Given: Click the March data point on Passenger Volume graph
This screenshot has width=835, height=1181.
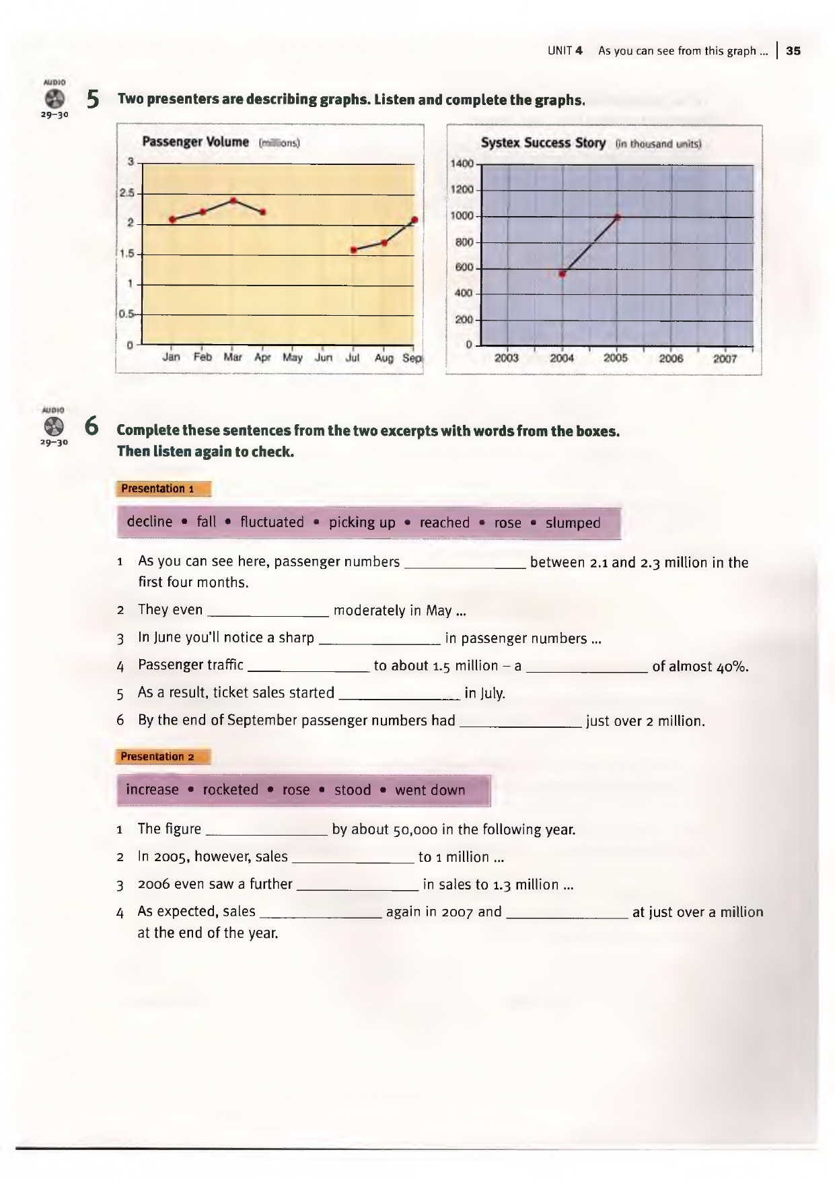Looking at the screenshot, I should coord(233,201).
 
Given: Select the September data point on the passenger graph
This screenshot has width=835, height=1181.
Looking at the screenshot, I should coord(414,220).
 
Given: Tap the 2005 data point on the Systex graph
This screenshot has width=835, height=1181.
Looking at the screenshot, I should coord(617,217).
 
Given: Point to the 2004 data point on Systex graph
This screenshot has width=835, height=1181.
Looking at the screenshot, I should coord(562,274).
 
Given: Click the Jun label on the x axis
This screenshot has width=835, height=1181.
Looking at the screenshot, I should coord(324,358).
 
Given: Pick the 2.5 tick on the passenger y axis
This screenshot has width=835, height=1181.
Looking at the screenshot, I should coord(127,193).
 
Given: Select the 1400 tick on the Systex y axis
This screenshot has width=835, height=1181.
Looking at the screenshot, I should coord(463,164).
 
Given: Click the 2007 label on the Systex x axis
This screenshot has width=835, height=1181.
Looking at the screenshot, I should coord(725,359).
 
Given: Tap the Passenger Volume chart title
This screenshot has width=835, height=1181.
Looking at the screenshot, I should coord(196,142).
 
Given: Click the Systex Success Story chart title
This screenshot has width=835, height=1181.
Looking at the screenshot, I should coord(543,143).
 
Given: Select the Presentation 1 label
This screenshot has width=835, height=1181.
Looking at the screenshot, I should coord(157,489).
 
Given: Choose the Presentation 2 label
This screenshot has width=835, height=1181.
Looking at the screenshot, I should coord(157,757).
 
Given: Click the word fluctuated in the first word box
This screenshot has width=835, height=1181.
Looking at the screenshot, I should coord(272,522).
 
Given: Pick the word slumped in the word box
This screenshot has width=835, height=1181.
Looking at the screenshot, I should coord(573,523).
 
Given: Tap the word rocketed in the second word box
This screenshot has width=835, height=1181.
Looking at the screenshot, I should coord(230,790).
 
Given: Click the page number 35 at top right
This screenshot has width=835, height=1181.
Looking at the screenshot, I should coord(793,51).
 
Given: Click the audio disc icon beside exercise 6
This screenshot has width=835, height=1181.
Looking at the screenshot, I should coord(54,426).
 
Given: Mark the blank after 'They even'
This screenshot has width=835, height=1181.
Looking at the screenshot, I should coord(268,612).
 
